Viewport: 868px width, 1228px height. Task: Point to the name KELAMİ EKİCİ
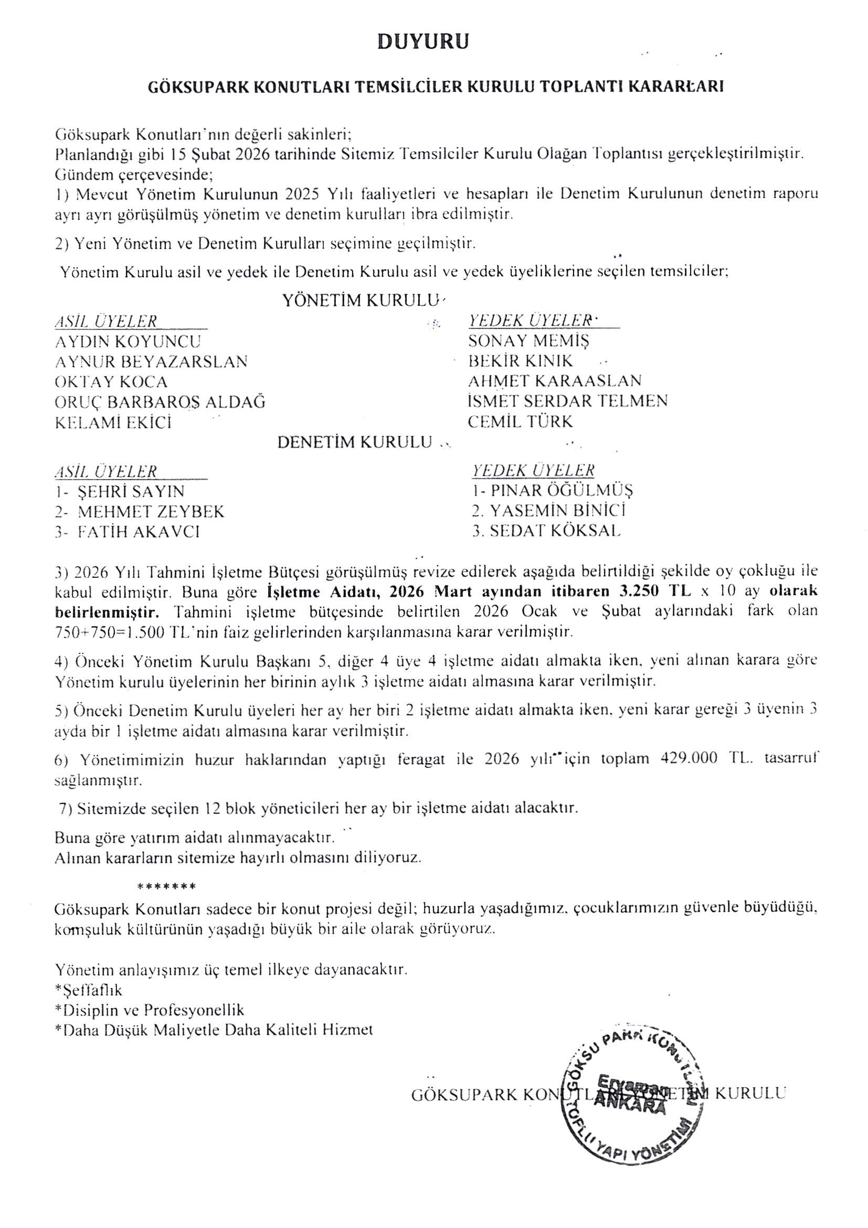(x=113, y=423)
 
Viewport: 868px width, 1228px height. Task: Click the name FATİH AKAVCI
(x=138, y=532)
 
